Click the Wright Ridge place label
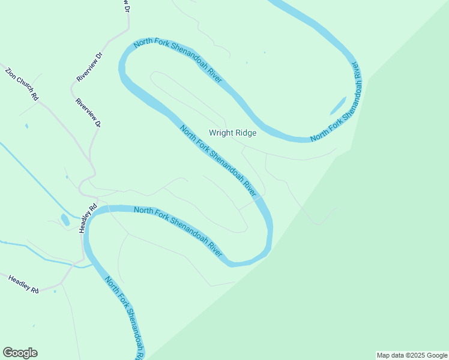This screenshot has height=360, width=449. pyautogui.click(x=232, y=133)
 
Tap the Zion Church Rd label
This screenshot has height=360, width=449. pyautogui.click(x=22, y=83)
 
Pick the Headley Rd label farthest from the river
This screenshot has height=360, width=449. pyautogui.click(x=23, y=284)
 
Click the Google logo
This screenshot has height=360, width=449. pyautogui.click(x=20, y=353)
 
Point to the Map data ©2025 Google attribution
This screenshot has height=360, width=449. pyautogui.click(x=412, y=355)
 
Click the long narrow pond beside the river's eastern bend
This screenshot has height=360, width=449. pyautogui.click(x=338, y=106)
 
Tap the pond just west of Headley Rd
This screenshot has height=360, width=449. pyautogui.click(x=65, y=220)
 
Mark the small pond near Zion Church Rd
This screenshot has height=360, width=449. pyautogui.click(x=26, y=127)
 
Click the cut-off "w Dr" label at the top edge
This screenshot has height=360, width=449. pyautogui.click(x=127, y=7)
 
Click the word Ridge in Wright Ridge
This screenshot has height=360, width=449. pyautogui.click(x=246, y=133)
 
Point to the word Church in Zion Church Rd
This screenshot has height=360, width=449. pyautogui.click(x=23, y=85)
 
